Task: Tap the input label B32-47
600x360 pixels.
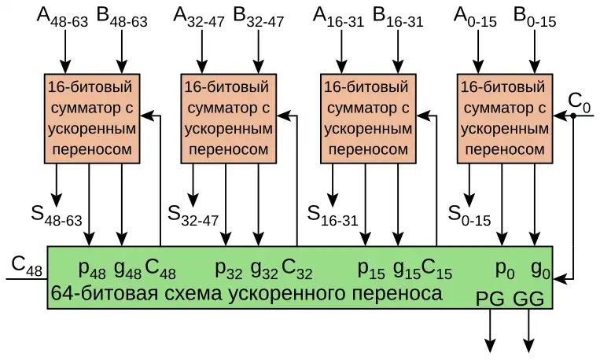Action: (x=259, y=18)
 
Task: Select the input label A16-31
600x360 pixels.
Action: (x=338, y=18)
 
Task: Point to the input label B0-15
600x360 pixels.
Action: (x=534, y=18)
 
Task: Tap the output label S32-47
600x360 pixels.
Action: (x=193, y=213)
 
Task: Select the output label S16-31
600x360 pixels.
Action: (x=332, y=213)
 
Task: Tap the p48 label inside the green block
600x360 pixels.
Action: (x=92, y=270)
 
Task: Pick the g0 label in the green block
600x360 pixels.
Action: (x=539, y=270)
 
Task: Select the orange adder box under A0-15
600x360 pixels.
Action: (x=503, y=117)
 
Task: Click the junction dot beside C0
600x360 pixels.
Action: (x=575, y=116)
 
